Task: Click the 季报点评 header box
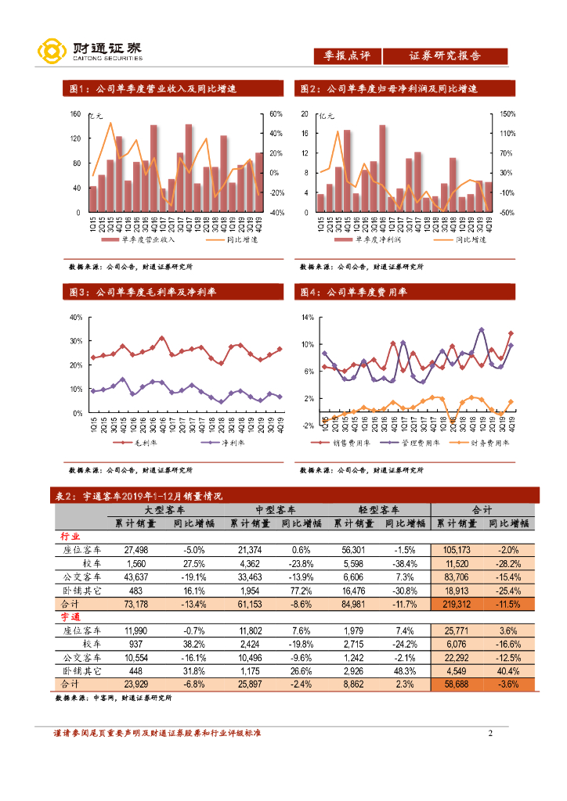pyautogui.click(x=347, y=56)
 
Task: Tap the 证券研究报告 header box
pyautogui.click(x=445, y=56)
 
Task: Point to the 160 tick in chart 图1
pyautogui.click(x=76, y=114)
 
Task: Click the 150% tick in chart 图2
pyautogui.click(x=507, y=114)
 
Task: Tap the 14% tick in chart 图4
pyautogui.click(x=307, y=318)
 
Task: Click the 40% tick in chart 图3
pyautogui.click(x=76, y=318)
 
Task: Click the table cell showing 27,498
pyautogui.click(x=135, y=550)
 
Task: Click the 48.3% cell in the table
pyautogui.click(x=405, y=670)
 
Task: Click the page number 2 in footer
pyautogui.click(x=490, y=734)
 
